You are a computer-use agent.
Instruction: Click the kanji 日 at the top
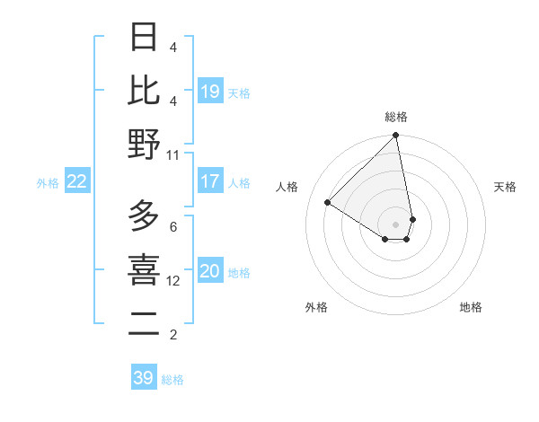(x=144, y=38)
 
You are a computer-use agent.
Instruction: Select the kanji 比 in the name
(x=144, y=90)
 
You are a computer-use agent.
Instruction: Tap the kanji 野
(x=144, y=143)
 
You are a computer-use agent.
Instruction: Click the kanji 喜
(x=144, y=269)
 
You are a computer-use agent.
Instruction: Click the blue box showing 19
(x=210, y=92)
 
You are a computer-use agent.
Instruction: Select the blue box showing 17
(x=210, y=181)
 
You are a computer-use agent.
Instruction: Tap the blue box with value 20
(x=210, y=272)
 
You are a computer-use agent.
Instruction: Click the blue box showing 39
(x=144, y=378)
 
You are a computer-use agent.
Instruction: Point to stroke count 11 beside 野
(x=172, y=154)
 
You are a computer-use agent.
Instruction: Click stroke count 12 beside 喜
(x=173, y=280)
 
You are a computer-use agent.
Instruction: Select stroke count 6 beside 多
(x=172, y=226)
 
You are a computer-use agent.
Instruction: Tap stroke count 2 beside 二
(x=172, y=335)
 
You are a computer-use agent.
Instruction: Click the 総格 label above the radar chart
(x=396, y=117)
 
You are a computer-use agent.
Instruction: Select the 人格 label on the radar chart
(x=287, y=187)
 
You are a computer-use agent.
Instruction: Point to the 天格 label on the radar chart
(x=505, y=187)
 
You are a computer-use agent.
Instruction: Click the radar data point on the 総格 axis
(x=396, y=136)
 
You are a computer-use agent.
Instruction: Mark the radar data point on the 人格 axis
(x=328, y=203)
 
